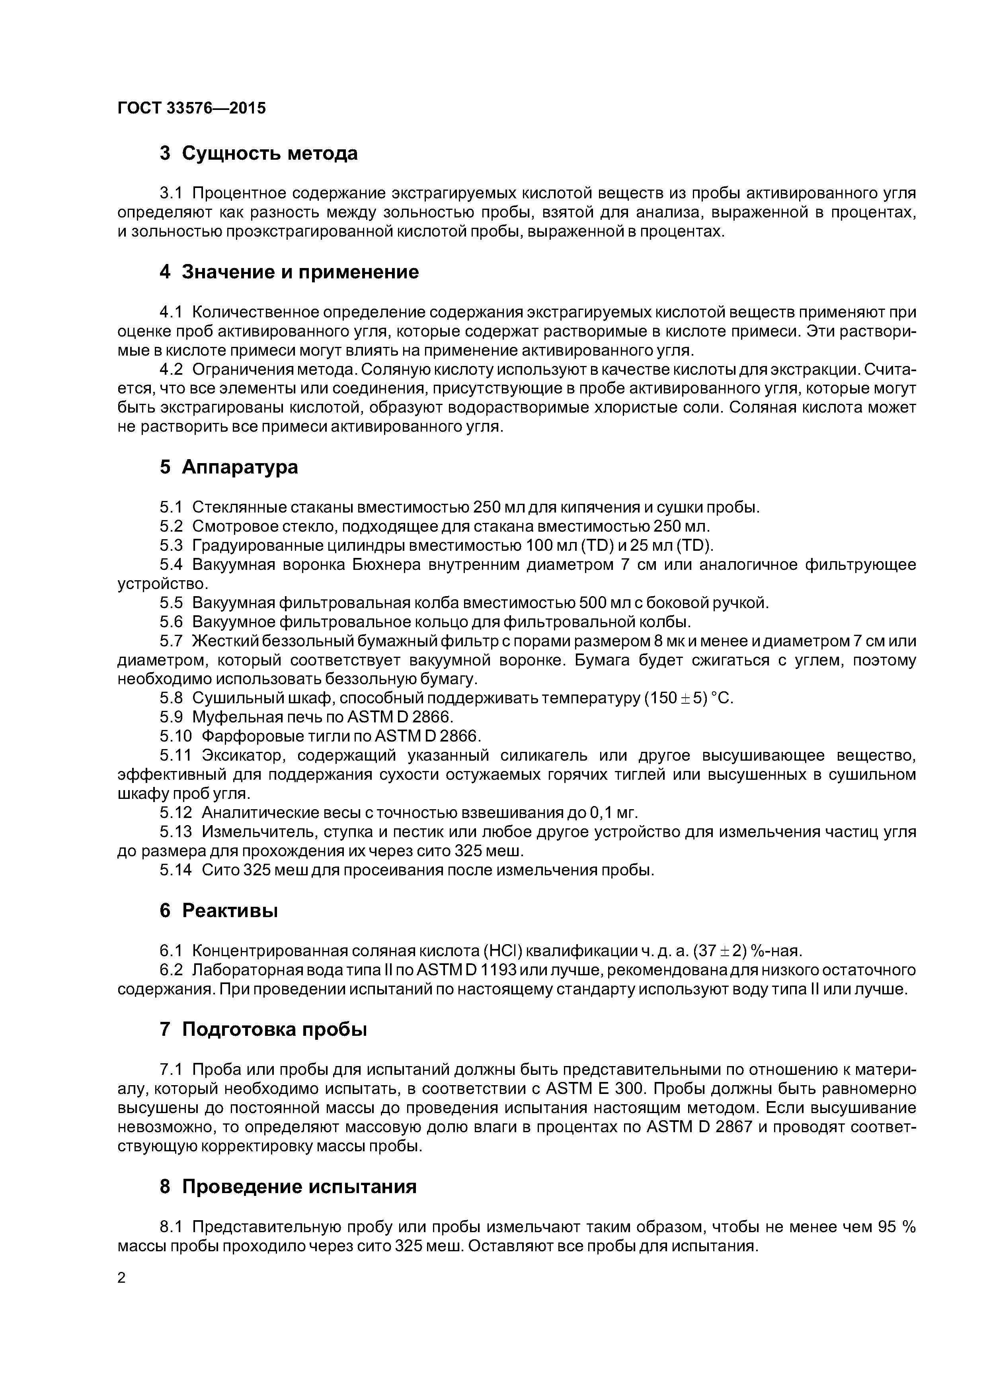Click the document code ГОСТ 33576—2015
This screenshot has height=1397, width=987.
tap(191, 108)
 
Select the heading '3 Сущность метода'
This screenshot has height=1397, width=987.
tap(258, 153)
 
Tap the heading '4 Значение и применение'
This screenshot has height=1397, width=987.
tap(289, 272)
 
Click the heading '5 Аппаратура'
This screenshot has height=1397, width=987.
tap(229, 467)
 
